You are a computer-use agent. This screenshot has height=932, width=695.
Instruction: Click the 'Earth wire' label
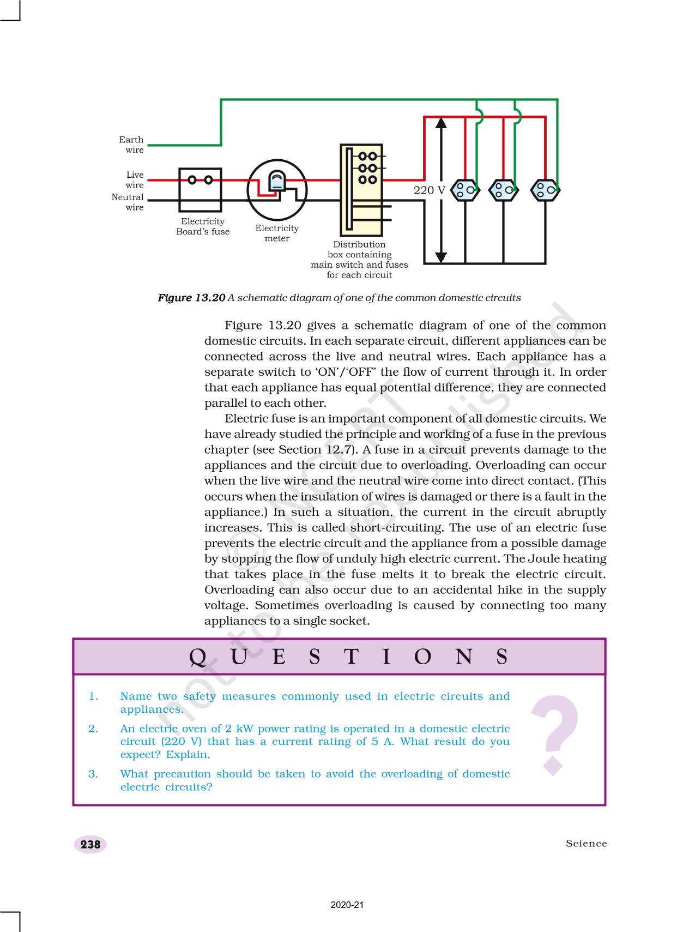click(131, 145)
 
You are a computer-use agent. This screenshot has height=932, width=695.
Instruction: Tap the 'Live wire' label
click(135, 180)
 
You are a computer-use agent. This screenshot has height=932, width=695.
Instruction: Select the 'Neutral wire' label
click(128, 202)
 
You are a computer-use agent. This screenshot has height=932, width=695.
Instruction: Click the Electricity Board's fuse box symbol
click(200, 190)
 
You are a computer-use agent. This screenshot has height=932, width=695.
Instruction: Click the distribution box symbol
click(361, 190)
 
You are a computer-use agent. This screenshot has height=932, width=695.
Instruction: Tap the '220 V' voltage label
click(429, 190)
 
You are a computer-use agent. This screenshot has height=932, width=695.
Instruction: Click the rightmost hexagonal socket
click(545, 190)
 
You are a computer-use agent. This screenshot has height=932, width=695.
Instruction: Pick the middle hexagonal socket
click(503, 190)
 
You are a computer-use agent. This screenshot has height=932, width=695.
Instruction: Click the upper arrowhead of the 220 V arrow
click(441, 123)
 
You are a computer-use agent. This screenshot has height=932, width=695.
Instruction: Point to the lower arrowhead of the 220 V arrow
click(441, 257)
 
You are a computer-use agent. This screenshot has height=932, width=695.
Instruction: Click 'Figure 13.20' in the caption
click(191, 298)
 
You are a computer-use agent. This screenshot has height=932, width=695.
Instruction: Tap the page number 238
click(90, 844)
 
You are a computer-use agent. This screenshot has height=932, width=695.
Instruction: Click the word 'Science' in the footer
click(586, 844)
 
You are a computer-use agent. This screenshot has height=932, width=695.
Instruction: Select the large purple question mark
click(554, 734)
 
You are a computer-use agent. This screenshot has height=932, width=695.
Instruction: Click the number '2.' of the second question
click(93, 729)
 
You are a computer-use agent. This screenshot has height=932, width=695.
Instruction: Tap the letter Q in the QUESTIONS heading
click(198, 657)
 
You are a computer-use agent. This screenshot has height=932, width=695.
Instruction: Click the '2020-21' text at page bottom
click(347, 905)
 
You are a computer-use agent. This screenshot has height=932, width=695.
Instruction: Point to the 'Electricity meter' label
click(277, 233)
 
